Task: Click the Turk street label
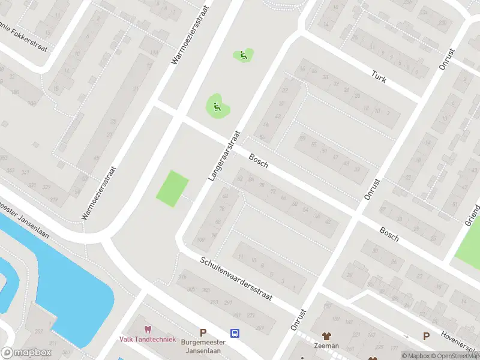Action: [x=378, y=77]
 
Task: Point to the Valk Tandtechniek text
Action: [x=148, y=339]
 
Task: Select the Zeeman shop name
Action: [x=326, y=346]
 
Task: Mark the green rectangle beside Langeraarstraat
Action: [x=172, y=188]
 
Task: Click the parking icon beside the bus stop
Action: [x=203, y=332]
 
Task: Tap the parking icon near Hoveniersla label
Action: [x=427, y=336]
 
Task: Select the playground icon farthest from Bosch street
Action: [x=243, y=56]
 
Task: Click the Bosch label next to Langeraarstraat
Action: [x=257, y=160]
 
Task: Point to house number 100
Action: [x=200, y=240]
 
